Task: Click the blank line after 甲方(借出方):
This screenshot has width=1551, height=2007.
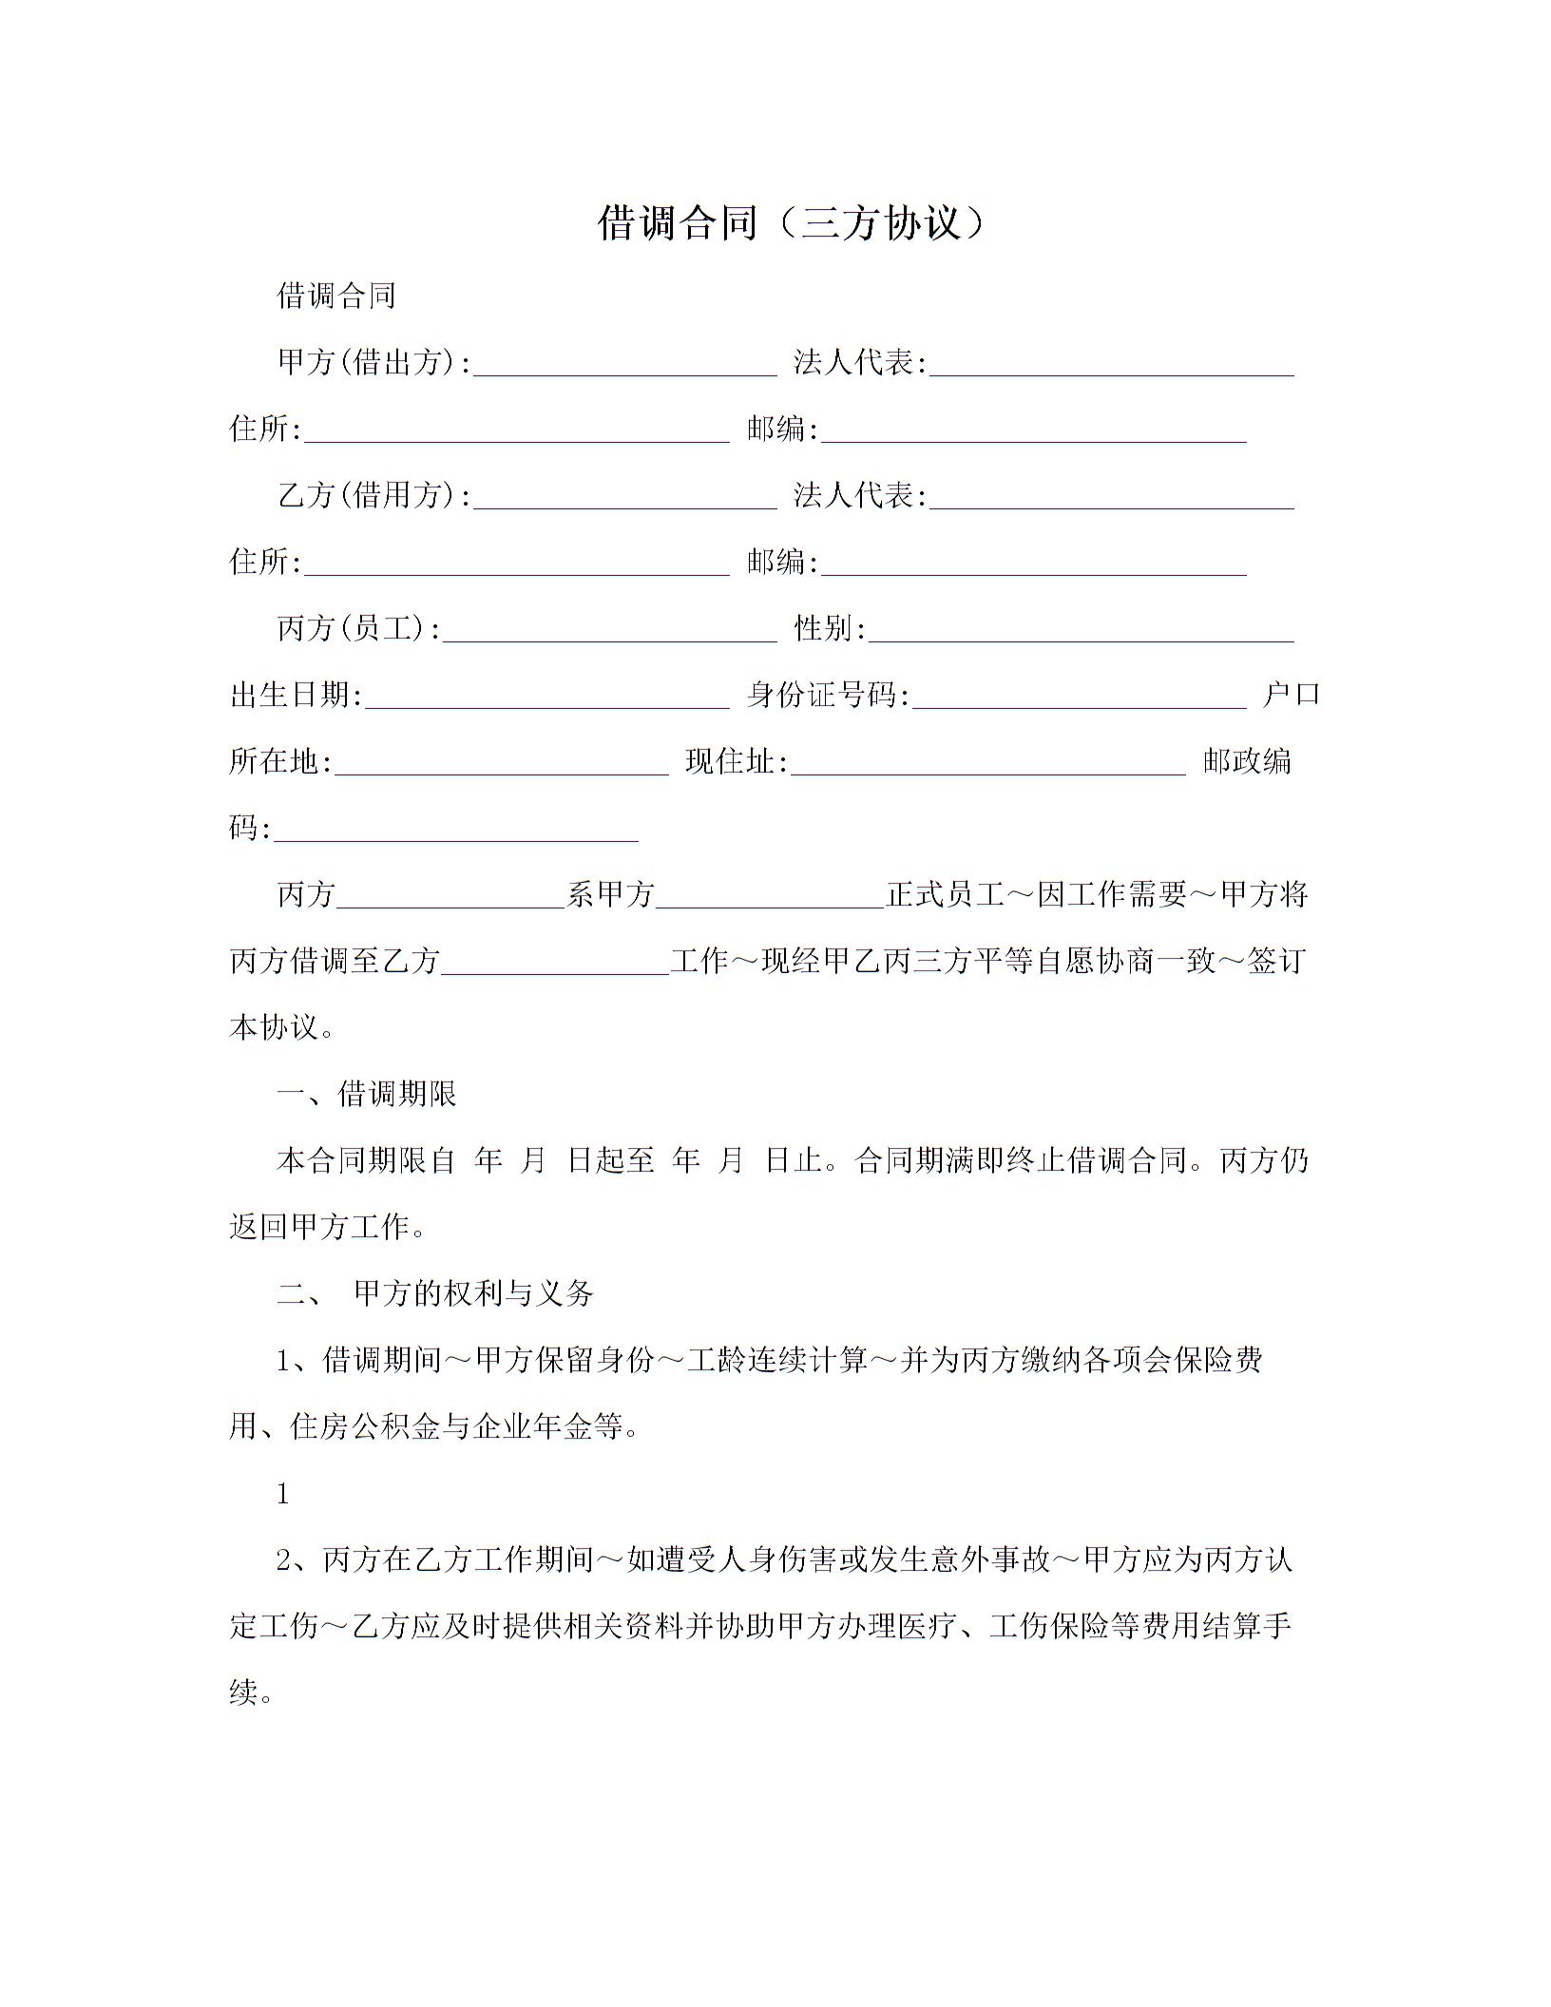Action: click(625, 365)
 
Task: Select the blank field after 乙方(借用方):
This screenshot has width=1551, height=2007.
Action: click(625, 498)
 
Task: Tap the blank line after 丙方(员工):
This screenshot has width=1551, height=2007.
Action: click(610, 631)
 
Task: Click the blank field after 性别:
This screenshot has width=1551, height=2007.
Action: click(1081, 631)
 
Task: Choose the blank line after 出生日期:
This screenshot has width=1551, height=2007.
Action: click(546, 698)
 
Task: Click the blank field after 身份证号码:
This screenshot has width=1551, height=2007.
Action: click(1079, 698)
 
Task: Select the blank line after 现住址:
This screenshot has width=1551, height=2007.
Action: click(988, 764)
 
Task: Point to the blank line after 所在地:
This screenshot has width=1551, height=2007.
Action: click(502, 764)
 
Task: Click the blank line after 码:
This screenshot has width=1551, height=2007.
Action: click(456, 831)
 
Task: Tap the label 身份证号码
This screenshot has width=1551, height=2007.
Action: click(826, 696)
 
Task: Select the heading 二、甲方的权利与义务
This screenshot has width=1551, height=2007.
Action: click(435, 1293)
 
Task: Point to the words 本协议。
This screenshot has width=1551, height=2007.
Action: click(282, 1028)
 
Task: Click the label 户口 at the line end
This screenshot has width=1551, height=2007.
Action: click(1292, 695)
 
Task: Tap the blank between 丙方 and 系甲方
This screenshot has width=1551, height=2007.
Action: click(451, 897)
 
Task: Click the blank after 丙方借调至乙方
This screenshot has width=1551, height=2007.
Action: click(556, 964)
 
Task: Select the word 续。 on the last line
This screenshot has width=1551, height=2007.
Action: click(252, 1693)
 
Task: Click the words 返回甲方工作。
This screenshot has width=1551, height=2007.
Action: click(328, 1228)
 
